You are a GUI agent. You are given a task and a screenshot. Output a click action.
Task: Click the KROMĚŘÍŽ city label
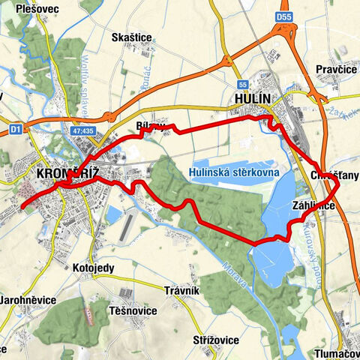(x=67, y=174)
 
